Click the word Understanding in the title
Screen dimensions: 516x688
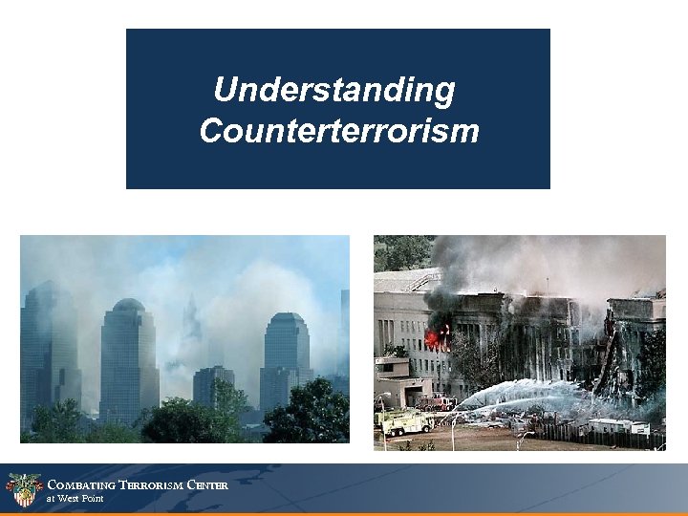(x=334, y=91)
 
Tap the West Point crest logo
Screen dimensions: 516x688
(x=23, y=489)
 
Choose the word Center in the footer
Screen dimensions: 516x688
(x=207, y=484)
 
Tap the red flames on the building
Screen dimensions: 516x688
(x=438, y=336)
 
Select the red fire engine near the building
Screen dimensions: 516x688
(x=439, y=403)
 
